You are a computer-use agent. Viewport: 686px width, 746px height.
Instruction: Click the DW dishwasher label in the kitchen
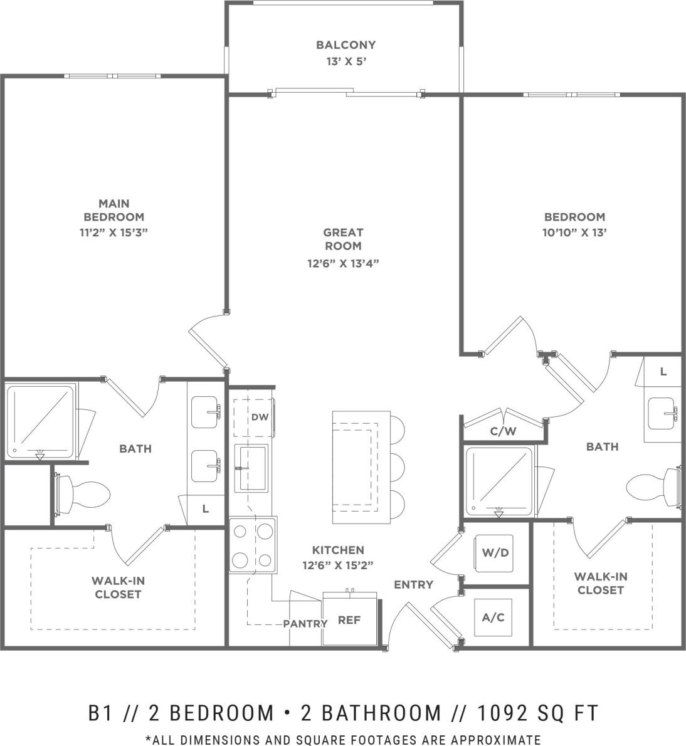coord(259,417)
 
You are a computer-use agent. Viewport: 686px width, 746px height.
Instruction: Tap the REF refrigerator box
coord(349,619)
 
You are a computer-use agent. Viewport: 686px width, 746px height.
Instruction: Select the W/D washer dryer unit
coord(493,554)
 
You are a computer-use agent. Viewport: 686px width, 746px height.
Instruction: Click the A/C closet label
coord(493,617)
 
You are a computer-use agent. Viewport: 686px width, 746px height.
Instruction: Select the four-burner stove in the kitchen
coord(253,545)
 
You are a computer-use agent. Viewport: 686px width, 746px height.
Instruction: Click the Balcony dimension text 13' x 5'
coord(346,61)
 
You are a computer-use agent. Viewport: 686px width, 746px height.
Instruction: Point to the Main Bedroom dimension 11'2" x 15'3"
coord(114,231)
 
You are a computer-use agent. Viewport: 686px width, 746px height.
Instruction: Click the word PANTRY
coord(305,623)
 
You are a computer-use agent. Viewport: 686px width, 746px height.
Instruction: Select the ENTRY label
coord(413,584)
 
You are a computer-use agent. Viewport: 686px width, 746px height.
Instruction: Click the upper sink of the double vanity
coord(204,411)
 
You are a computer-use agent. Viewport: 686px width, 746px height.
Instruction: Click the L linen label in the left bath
coord(206,509)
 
